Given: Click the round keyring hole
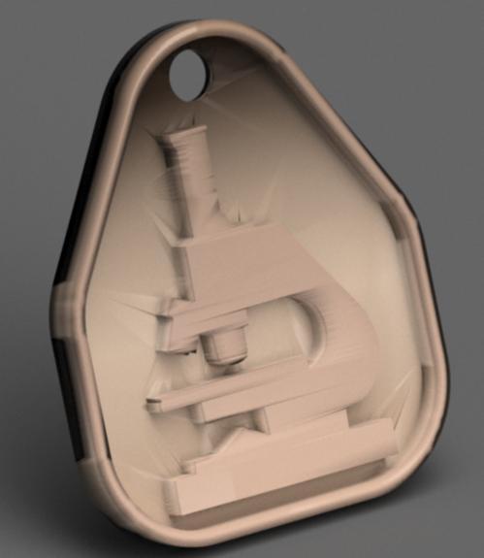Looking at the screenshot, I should coord(188,71).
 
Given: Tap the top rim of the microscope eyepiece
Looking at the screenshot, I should coord(184,139).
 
